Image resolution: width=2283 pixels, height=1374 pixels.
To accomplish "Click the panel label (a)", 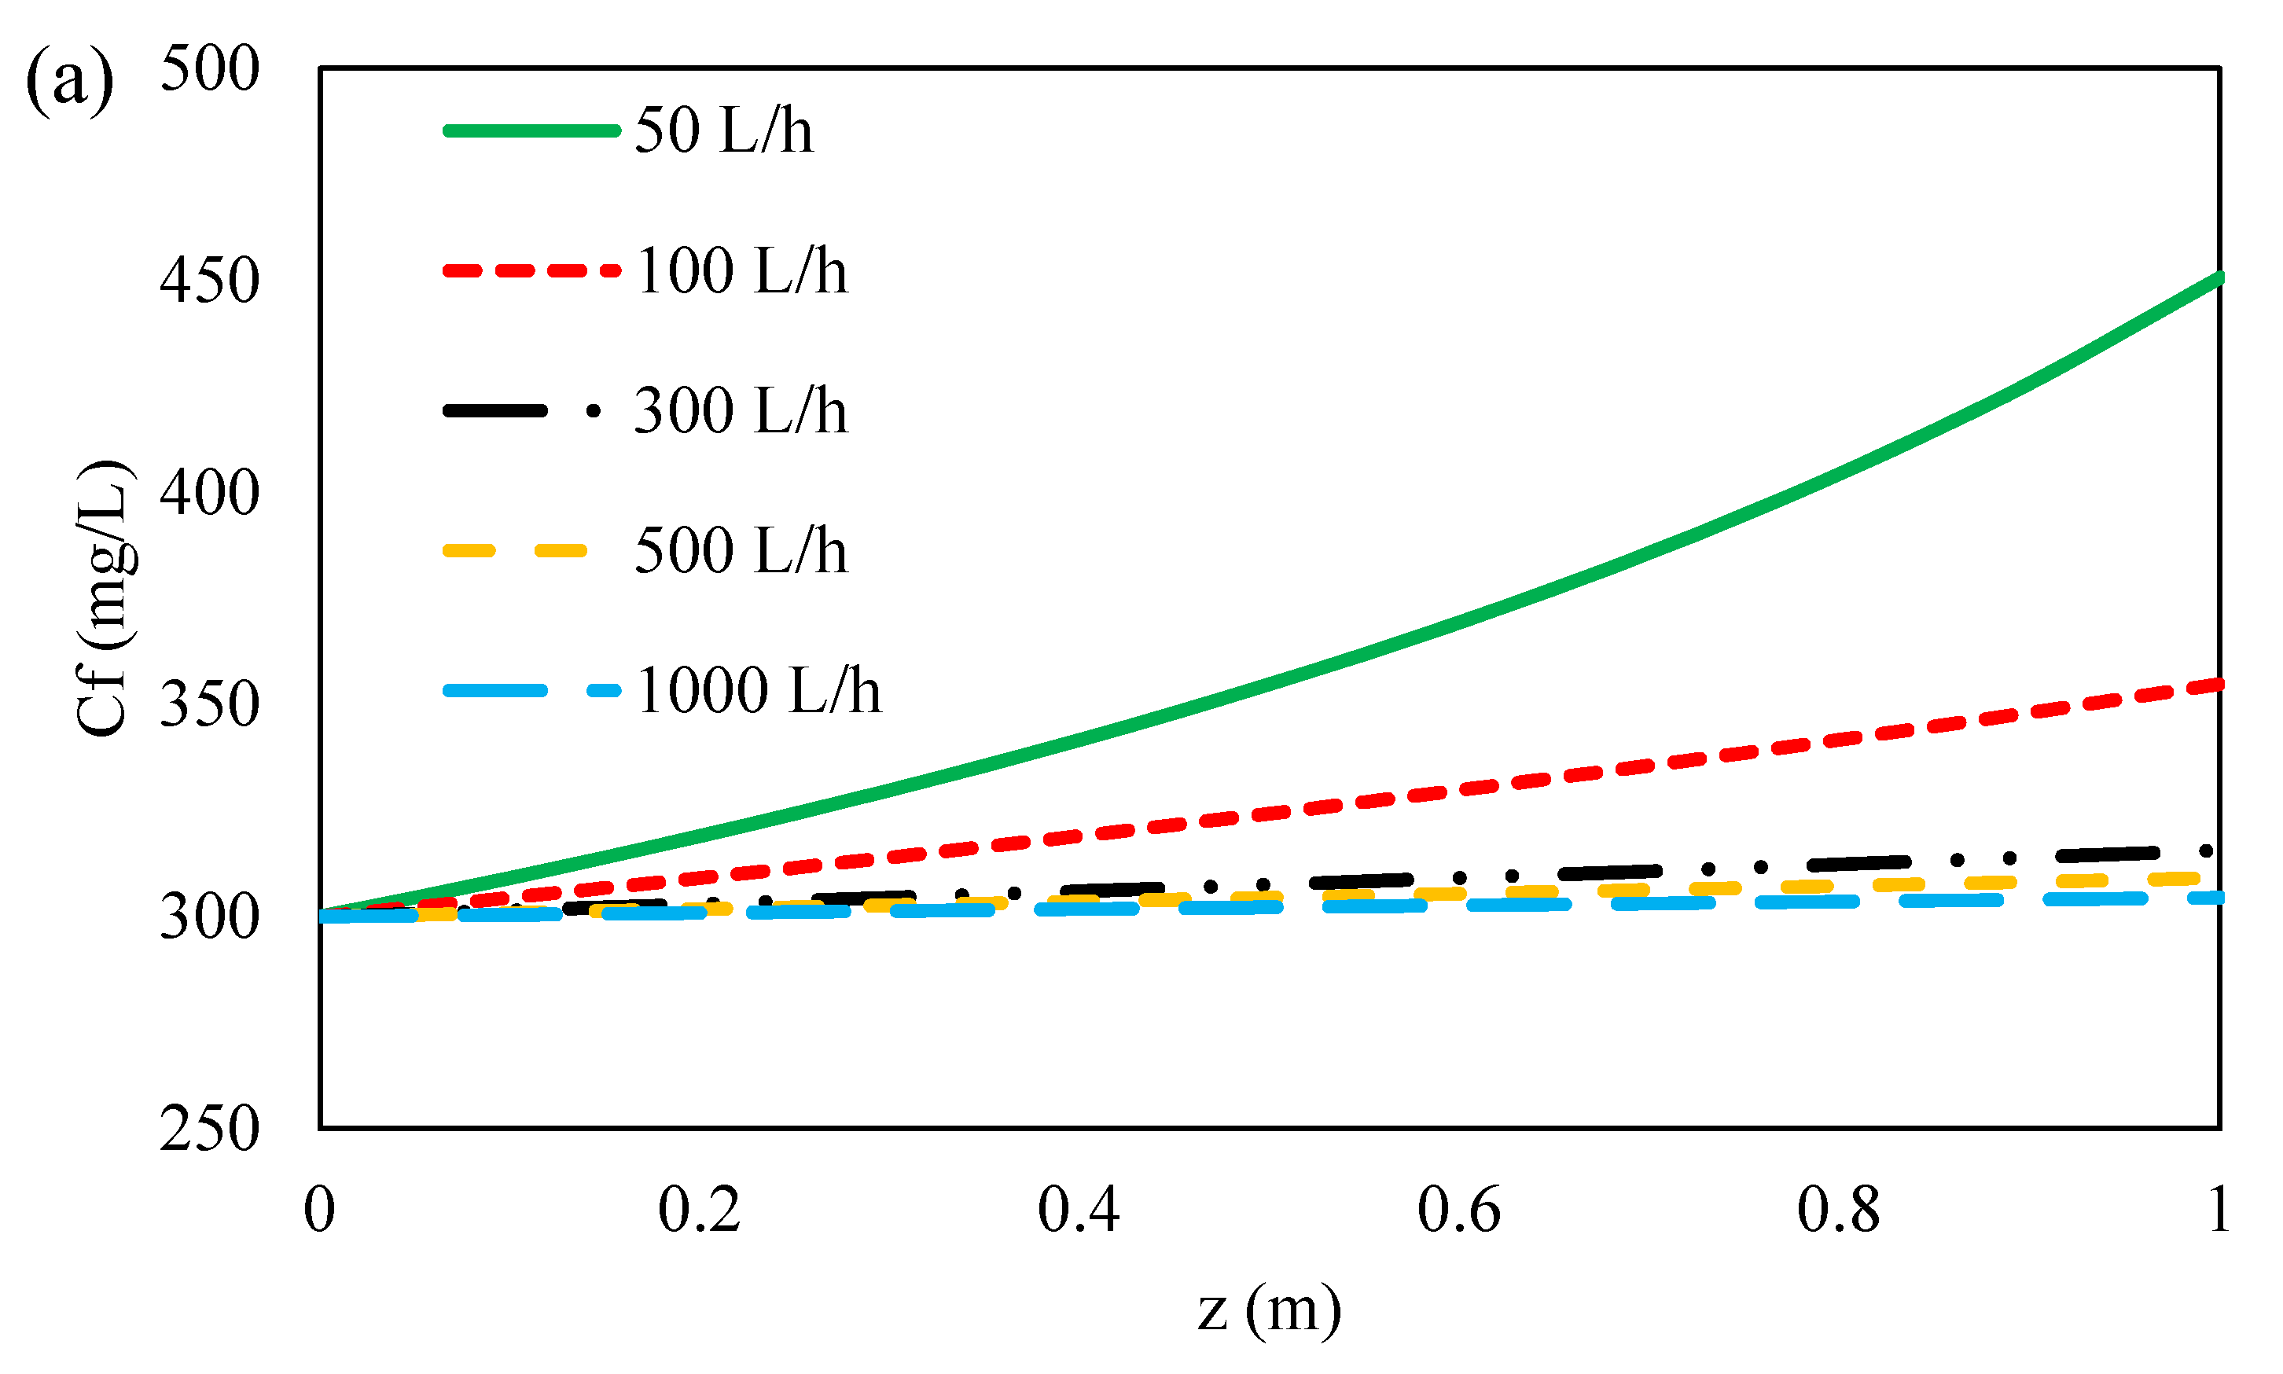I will [69, 82].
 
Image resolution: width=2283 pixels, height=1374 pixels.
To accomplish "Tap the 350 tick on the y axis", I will [209, 704].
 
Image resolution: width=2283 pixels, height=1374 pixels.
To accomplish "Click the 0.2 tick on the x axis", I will [699, 1209].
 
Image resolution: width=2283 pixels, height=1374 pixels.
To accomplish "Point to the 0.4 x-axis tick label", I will [1079, 1209].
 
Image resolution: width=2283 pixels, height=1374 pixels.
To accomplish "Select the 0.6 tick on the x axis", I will [1458, 1209].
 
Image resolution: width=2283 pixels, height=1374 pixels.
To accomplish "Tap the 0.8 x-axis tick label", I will [1838, 1209].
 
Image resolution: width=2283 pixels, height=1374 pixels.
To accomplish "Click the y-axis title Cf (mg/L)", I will [104, 598].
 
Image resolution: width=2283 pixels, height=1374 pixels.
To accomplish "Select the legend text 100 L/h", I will [741, 270].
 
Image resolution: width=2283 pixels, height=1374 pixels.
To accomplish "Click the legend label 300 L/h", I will [741, 410].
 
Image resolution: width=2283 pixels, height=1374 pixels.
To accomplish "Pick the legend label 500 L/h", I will [741, 550].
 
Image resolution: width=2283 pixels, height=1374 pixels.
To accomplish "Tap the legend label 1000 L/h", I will [758, 691].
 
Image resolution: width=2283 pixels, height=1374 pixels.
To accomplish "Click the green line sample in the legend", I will [531, 130].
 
